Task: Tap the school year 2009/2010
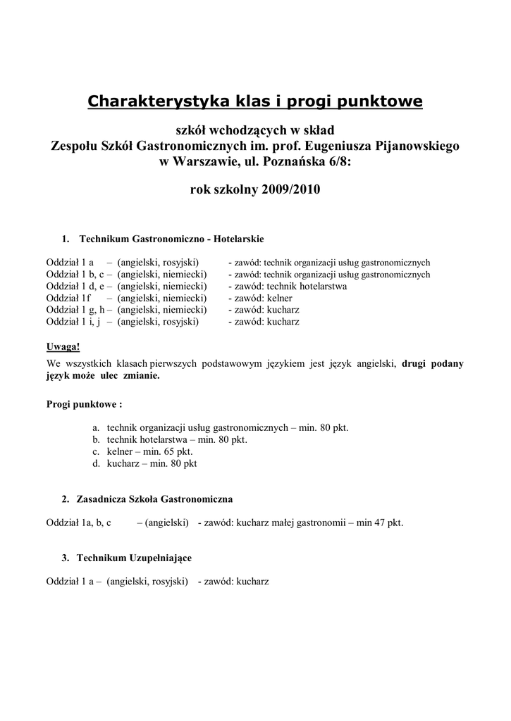[286, 189]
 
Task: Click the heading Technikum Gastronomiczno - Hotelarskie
[172, 239]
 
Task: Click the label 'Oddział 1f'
[69, 299]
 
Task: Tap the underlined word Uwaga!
[63, 346]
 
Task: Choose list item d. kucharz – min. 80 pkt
[144, 463]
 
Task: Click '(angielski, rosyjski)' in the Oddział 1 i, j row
[158, 322]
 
